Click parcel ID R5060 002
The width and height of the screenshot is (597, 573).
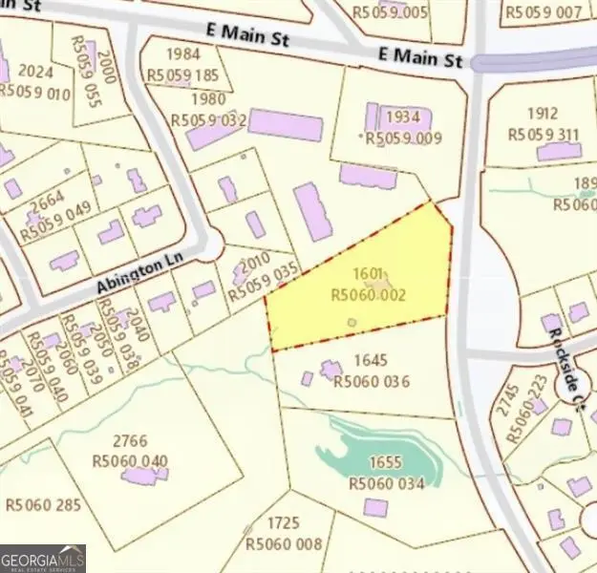[x=368, y=296]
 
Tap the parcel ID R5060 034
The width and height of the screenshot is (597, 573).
[x=386, y=484]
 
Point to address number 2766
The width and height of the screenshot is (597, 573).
[x=131, y=441]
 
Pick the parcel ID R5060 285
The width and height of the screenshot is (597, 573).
[x=44, y=503]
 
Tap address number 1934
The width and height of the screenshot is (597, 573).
[x=402, y=117]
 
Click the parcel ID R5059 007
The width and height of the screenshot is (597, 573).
[x=543, y=12]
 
